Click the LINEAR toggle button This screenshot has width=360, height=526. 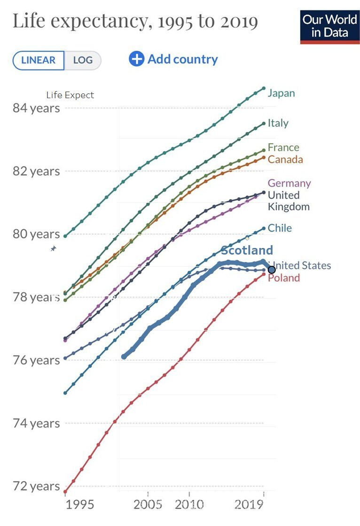tap(39, 60)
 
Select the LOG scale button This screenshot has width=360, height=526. tap(83, 60)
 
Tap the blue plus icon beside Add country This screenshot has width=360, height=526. tap(136, 59)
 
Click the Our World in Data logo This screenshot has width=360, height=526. tap(329, 26)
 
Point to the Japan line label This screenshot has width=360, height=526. tap(281, 93)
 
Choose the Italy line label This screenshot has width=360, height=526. tap(278, 123)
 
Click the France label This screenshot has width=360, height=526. tap(283, 147)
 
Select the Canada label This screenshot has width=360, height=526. tap(285, 159)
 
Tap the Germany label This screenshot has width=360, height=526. tap(289, 183)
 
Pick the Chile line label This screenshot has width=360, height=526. tap(280, 228)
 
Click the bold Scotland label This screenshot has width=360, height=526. tap(247, 250)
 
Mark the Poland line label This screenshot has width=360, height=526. tap(284, 278)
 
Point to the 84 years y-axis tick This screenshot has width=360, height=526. tap(36, 108)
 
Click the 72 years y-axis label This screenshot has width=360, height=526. tap(36, 486)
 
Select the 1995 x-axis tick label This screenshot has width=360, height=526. tap(80, 505)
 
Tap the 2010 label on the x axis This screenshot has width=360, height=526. tap(189, 505)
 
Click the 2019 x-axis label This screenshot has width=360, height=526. tap(249, 505)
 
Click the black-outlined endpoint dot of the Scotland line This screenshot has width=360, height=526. tap(272, 270)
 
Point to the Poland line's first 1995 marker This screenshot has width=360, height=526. tap(65, 492)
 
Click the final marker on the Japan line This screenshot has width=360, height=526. tap(264, 88)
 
